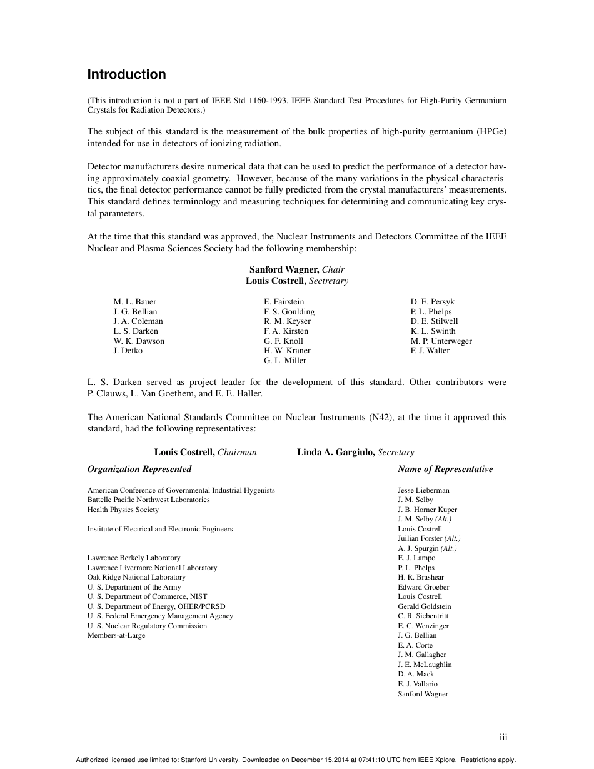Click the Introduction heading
pyautogui.click(x=126, y=74)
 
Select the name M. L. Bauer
pyautogui.click(x=134, y=302)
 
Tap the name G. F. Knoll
pyautogui.click(x=283, y=341)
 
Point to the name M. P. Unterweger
pyautogui.click(x=441, y=341)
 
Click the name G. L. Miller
pyautogui.click(x=285, y=361)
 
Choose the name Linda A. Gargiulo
pyautogui.click(x=335, y=452)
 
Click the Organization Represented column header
pyautogui.click(x=139, y=469)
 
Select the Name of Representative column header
pyautogui.click(x=445, y=469)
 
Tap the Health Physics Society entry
pyautogui.click(x=123, y=510)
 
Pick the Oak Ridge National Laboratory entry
pyautogui.click(x=136, y=577)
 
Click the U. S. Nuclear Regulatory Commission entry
pyautogui.click(x=147, y=626)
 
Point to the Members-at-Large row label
pyautogui.click(x=116, y=635)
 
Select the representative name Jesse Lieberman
pyautogui.click(x=423, y=490)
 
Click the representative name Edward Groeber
pyautogui.click(x=423, y=587)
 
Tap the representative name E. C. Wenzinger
pyautogui.click(x=423, y=626)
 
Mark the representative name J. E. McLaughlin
pyautogui.click(x=425, y=665)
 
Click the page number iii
pyautogui.click(x=503, y=738)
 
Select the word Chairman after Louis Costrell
pyautogui.click(x=237, y=452)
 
